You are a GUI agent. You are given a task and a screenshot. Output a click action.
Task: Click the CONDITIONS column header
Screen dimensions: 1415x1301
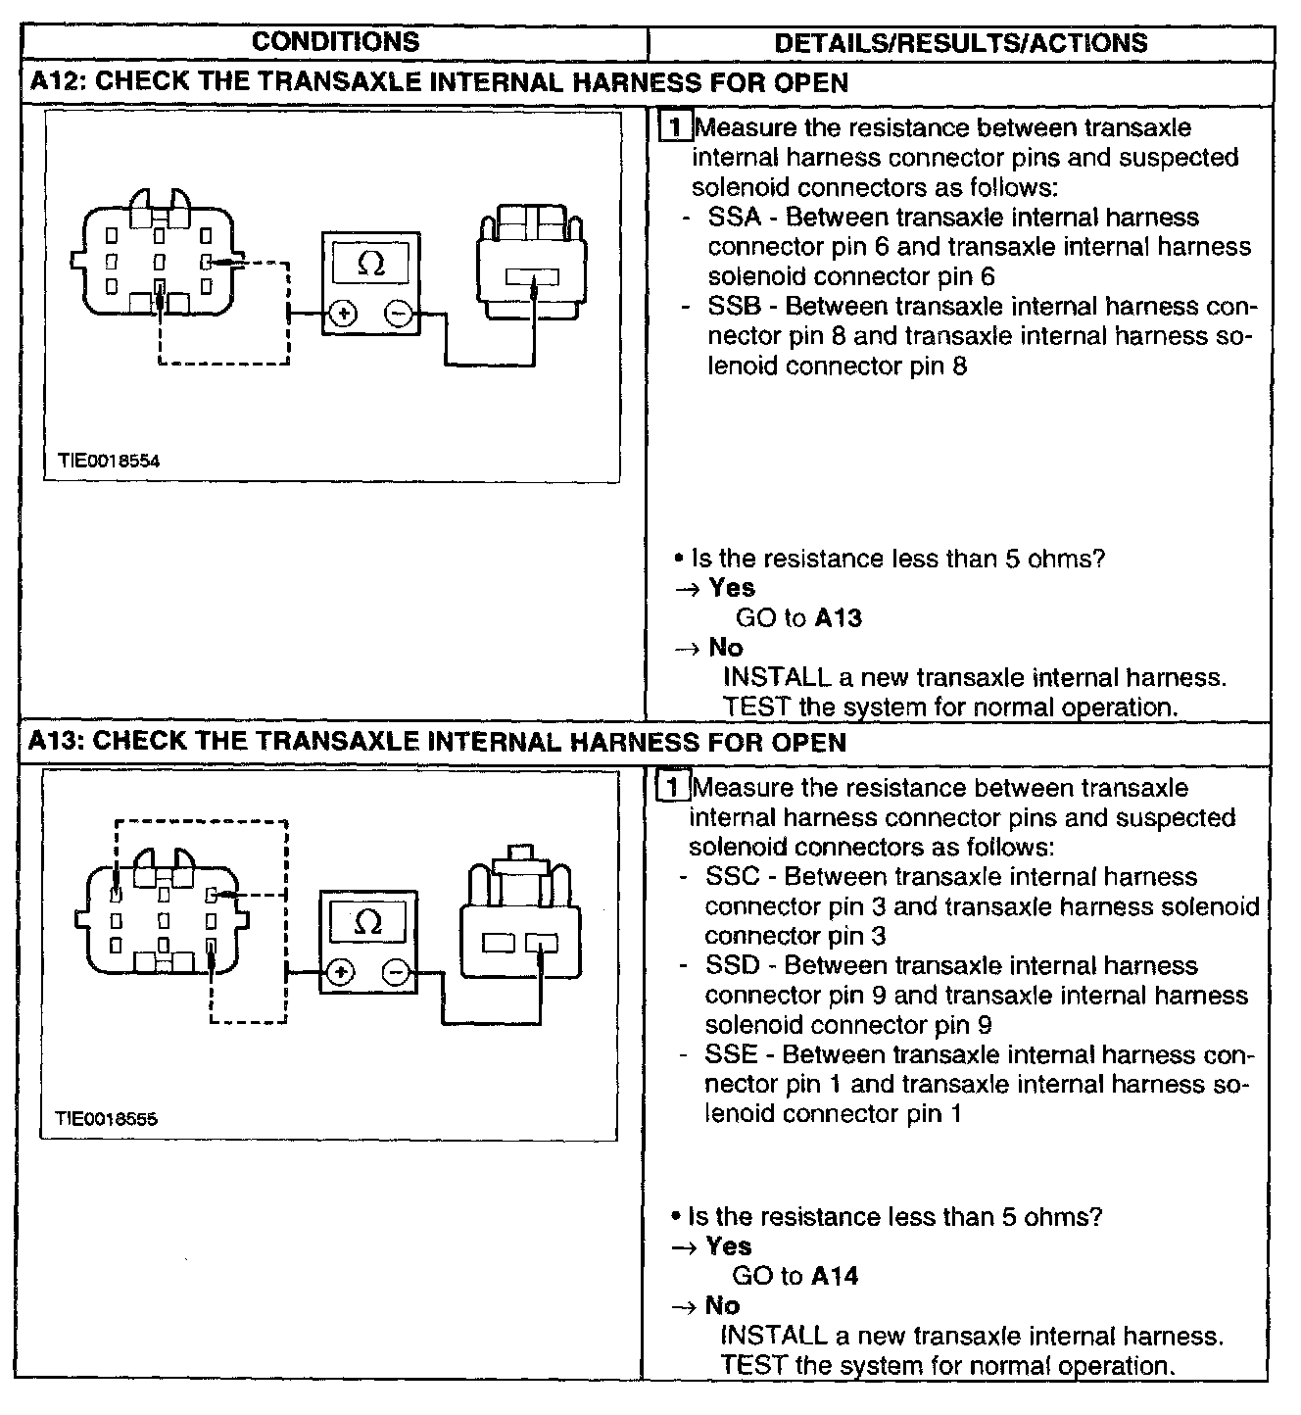[x=335, y=42]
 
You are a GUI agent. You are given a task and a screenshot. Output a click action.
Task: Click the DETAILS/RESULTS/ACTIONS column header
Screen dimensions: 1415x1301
[x=960, y=43]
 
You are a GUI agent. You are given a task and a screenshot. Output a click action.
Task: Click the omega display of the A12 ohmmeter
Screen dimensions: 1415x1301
[x=370, y=263]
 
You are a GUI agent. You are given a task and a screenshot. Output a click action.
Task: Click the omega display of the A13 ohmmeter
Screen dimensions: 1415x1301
[x=367, y=922]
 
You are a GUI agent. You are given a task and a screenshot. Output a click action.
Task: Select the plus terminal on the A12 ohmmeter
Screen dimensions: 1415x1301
[x=344, y=314]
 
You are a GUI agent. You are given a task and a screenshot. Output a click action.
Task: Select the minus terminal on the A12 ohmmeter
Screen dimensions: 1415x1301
[x=398, y=314]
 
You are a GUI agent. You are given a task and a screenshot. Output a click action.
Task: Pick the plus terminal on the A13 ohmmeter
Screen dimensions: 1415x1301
[x=340, y=972]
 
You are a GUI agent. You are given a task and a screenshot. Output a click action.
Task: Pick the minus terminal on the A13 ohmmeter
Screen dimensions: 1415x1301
[x=395, y=972]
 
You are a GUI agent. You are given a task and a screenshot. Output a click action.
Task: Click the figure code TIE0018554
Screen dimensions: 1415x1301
[x=108, y=461]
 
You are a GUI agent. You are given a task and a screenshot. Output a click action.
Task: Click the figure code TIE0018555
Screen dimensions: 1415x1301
[x=106, y=1118]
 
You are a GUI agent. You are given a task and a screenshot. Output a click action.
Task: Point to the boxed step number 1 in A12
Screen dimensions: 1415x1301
[x=675, y=127]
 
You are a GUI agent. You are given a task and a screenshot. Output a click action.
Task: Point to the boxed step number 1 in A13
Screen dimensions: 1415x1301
[x=672, y=787]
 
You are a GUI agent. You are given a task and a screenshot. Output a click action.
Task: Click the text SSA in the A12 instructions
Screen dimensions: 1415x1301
[x=734, y=218]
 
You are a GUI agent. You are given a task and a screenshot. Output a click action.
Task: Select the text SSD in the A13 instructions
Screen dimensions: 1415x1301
[x=732, y=966]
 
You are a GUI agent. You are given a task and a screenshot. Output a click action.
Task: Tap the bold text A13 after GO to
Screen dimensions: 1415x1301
[x=839, y=618]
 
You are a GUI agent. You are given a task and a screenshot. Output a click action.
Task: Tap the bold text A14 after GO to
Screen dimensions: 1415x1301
[x=835, y=1276]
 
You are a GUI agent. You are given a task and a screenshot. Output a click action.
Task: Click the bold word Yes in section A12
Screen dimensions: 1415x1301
[x=732, y=588]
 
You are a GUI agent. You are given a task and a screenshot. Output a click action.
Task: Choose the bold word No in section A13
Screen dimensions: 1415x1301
[x=722, y=1306]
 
